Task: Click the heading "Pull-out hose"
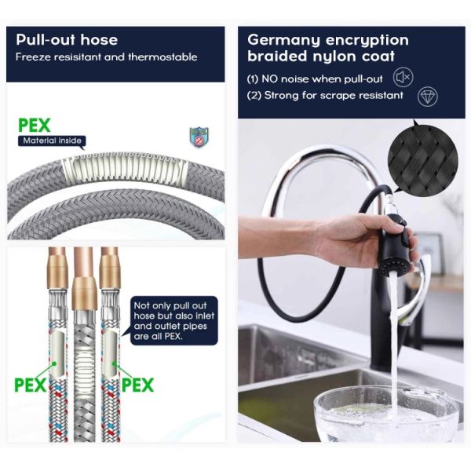point(67,40)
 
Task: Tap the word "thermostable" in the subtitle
point(162,57)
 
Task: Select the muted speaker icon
point(403,77)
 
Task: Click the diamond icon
point(428,96)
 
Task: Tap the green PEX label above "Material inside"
point(35,126)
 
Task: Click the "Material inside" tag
point(52,141)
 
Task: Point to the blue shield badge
point(199,137)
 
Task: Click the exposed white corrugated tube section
point(124,169)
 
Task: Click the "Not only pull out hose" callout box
point(174,320)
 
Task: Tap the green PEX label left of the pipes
point(30,385)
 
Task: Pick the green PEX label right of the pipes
point(138,385)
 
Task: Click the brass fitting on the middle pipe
point(84,294)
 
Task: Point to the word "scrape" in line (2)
point(338,96)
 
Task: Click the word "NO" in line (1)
point(269,79)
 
